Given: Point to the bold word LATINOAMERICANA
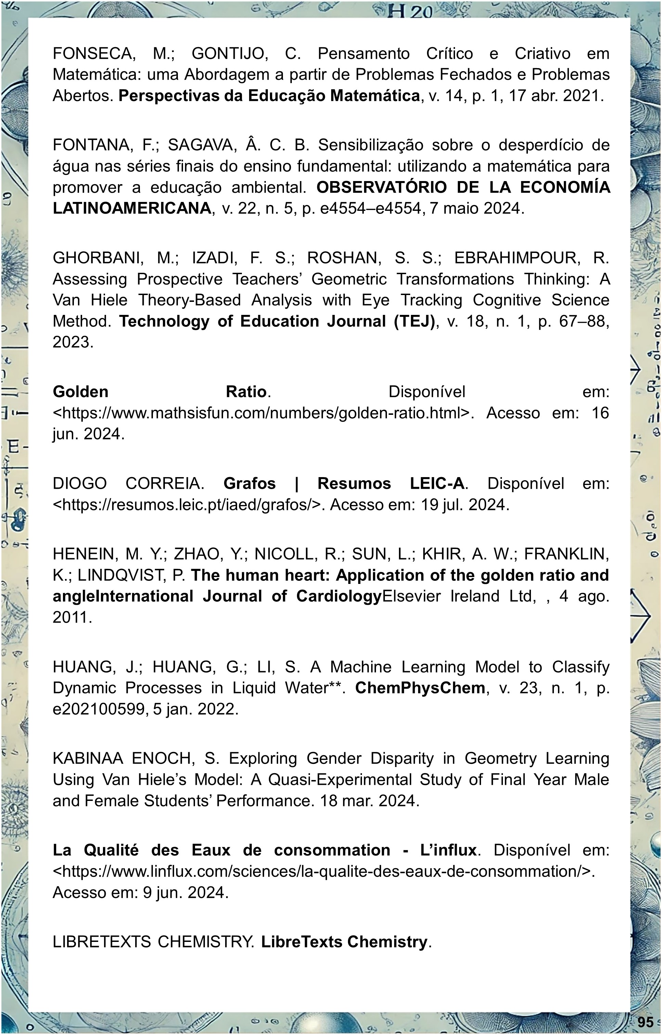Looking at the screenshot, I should point(132,208).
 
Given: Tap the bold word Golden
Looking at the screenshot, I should point(80,392).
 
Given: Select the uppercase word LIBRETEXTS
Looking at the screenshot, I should point(102,941).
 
